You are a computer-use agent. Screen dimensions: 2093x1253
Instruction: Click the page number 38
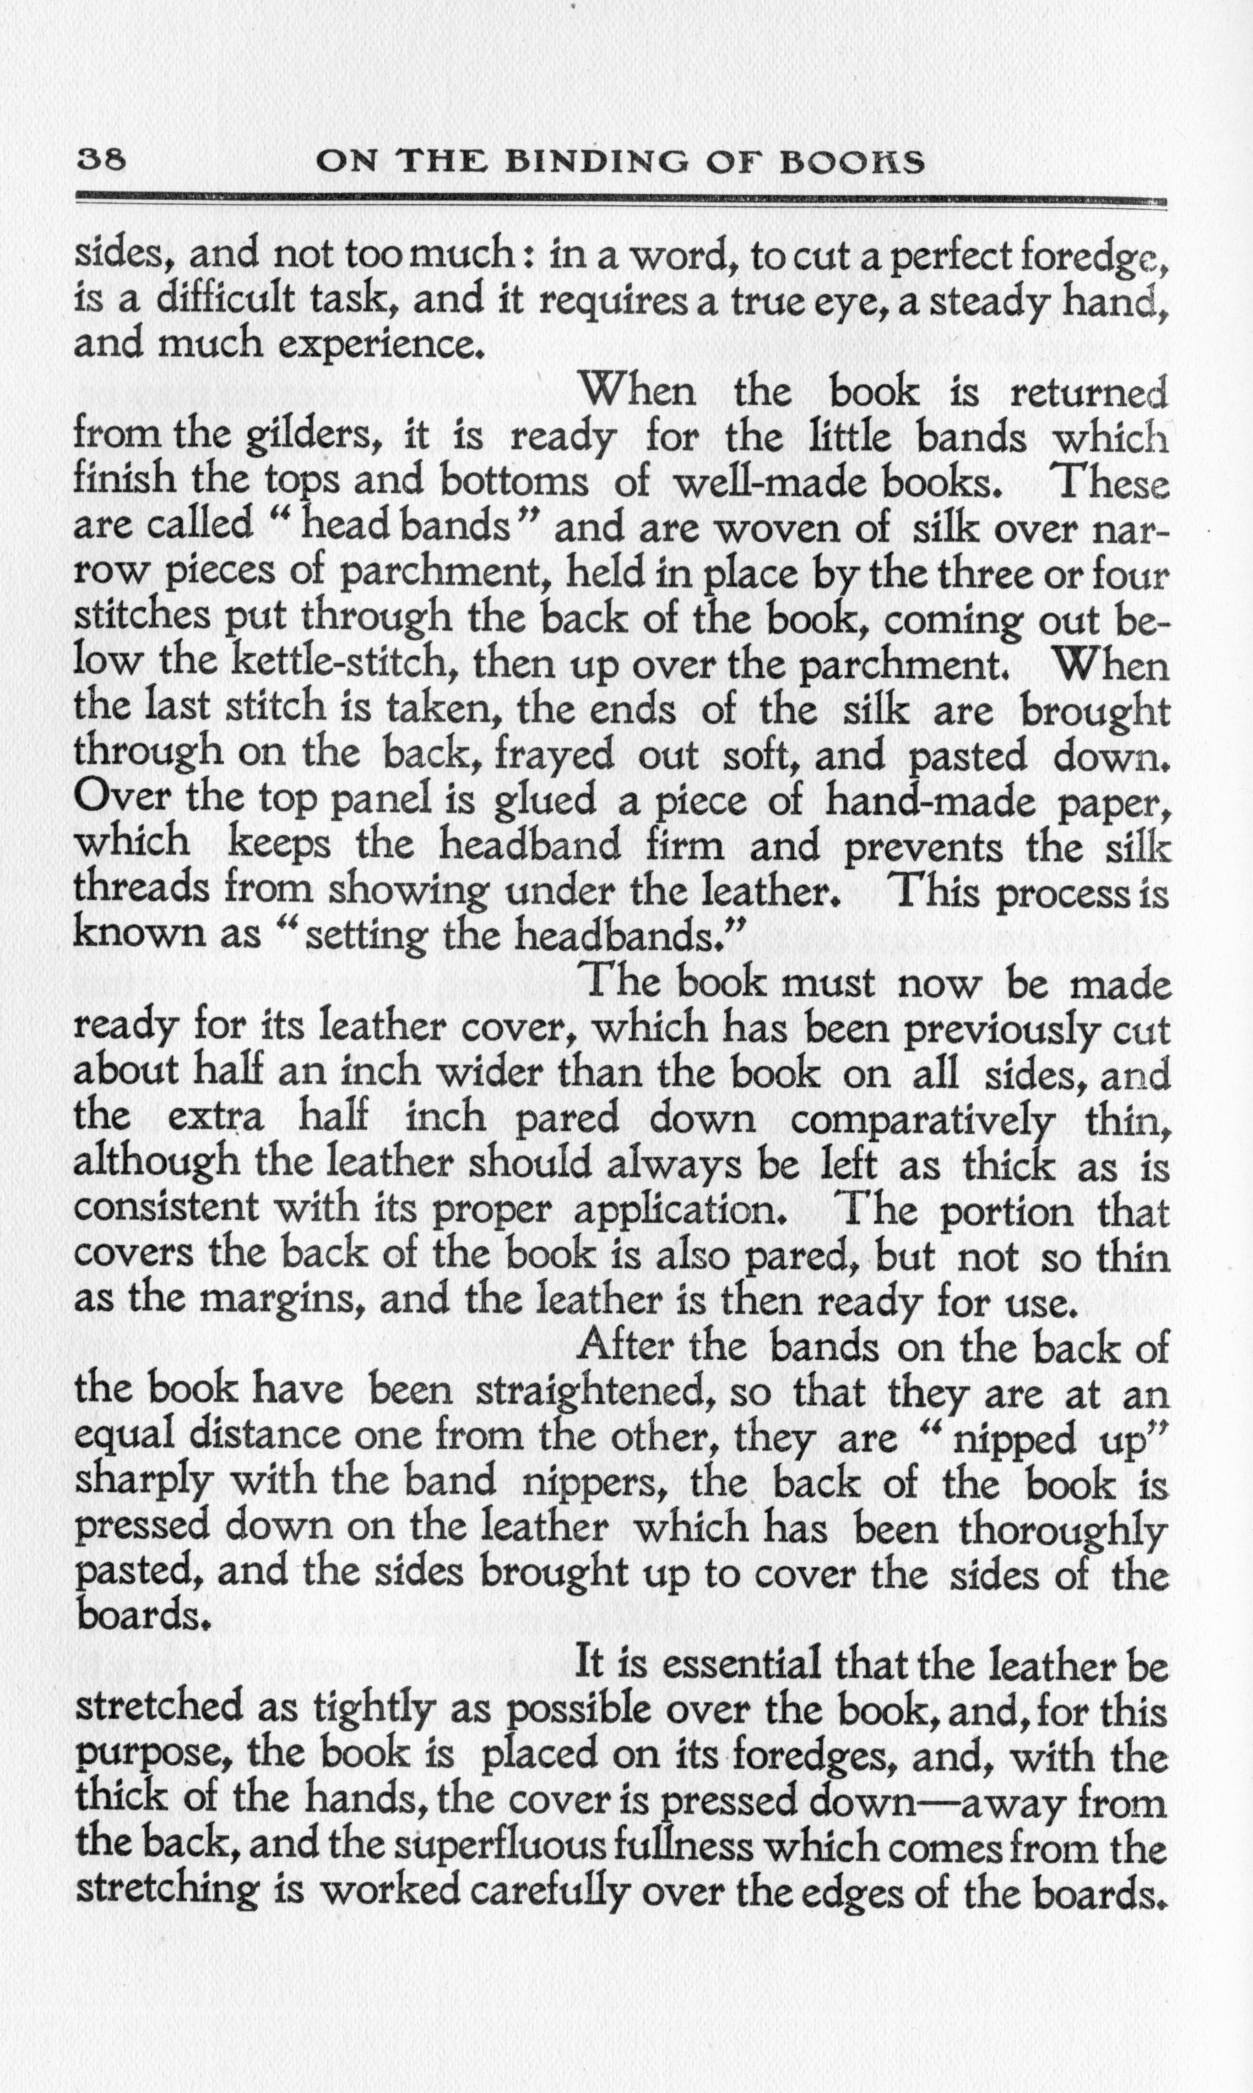click(x=100, y=160)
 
